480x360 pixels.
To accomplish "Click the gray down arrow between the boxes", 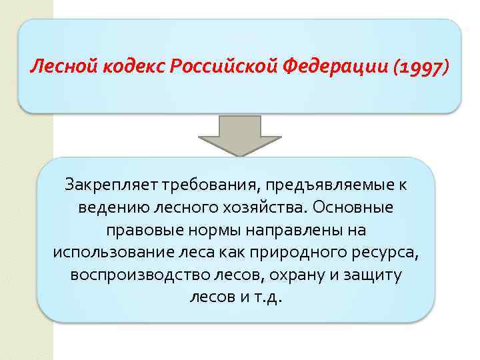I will point(241,136).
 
